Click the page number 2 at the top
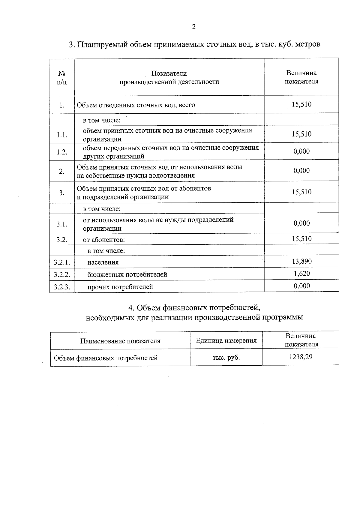point(193,27)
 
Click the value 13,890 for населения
point(301,261)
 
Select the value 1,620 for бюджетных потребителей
point(301,274)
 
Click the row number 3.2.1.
point(62,262)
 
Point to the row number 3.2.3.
point(62,287)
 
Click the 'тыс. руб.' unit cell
point(226,358)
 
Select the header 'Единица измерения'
point(226,340)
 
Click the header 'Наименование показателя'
point(120,341)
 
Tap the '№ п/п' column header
point(62,77)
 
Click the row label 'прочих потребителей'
point(120,287)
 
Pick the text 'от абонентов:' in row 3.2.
point(104,240)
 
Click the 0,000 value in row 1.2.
point(301,151)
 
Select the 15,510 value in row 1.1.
point(301,134)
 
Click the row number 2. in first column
point(62,172)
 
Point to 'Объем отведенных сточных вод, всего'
point(136,105)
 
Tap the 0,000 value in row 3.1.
point(301,223)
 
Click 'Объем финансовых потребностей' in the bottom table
point(106,358)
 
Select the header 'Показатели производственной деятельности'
point(169,78)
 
